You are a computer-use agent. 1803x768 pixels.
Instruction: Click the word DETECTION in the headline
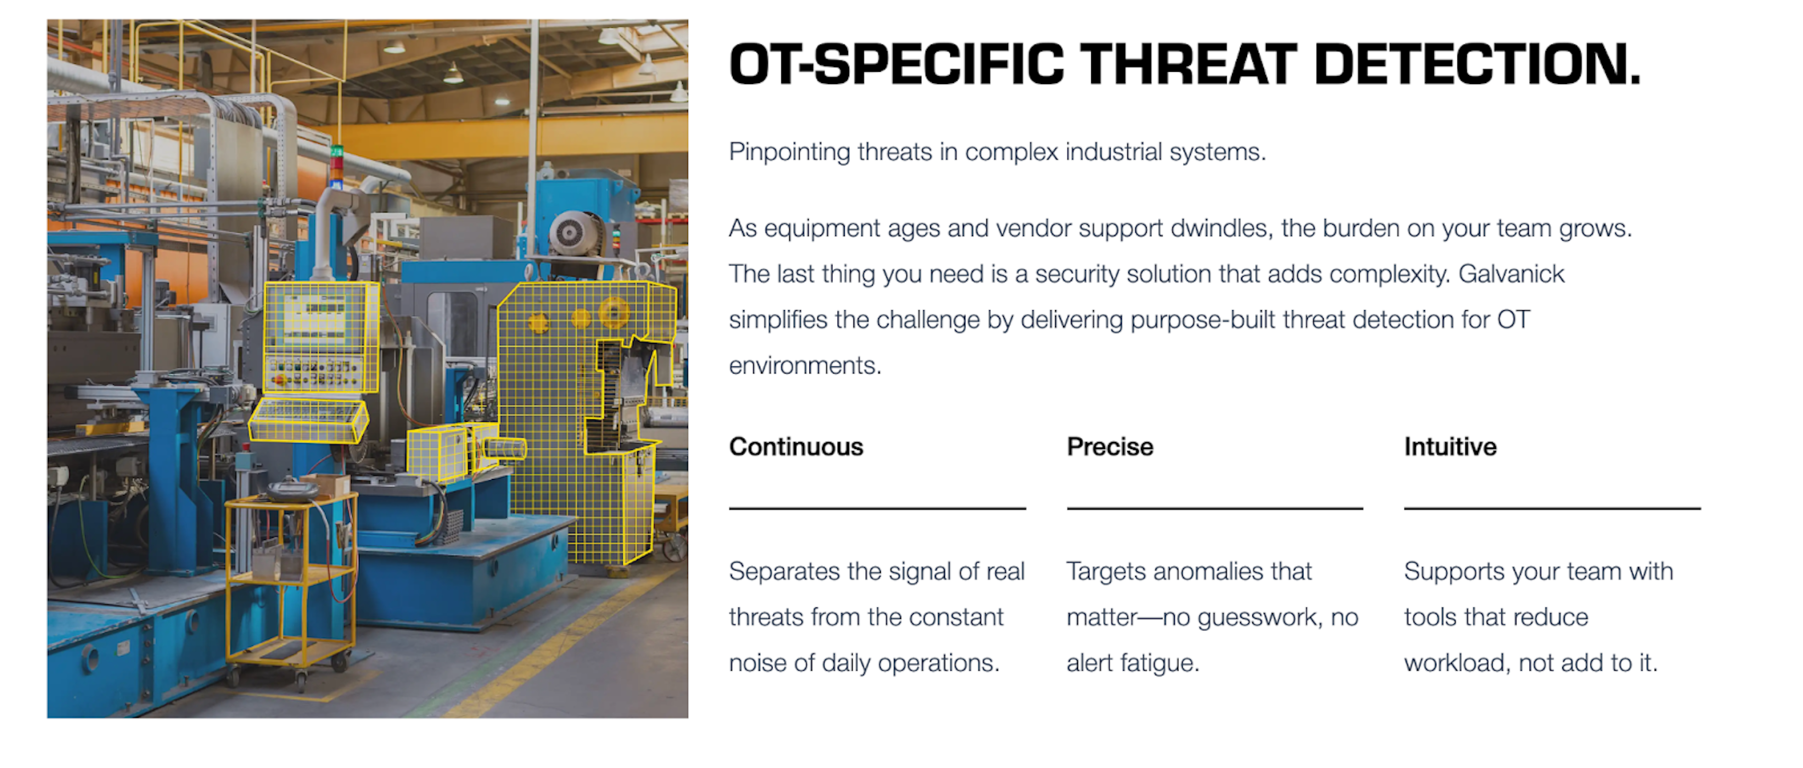(x=1476, y=64)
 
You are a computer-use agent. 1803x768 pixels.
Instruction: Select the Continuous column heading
(x=796, y=446)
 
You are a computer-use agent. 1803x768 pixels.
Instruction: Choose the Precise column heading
(x=1110, y=446)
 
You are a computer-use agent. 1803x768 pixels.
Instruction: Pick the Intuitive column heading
(x=1450, y=446)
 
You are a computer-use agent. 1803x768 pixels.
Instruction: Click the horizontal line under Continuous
(x=878, y=509)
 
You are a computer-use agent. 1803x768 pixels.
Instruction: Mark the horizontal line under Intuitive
(x=1552, y=509)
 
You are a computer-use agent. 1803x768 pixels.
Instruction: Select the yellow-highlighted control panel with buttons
(x=321, y=336)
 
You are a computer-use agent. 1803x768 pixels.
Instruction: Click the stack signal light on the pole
(x=337, y=165)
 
